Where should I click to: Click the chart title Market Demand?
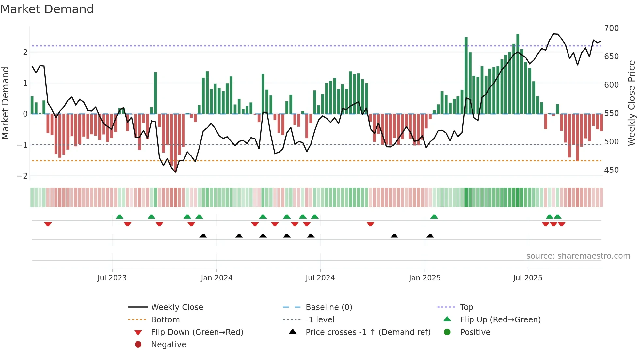47,9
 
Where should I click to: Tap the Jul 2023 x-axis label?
112,278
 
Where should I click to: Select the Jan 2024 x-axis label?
216,278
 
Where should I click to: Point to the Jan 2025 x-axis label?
424,278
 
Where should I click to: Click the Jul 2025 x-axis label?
528,278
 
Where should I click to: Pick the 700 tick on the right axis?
611,28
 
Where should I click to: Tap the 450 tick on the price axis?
611,170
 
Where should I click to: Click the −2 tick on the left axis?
23,176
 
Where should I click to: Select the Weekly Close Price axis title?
632,103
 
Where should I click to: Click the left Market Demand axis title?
6,103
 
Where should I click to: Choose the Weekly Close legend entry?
177,307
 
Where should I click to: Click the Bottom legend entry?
165,320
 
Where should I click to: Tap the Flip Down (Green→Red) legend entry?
197,332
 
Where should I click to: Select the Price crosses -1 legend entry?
368,332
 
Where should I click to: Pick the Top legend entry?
466,307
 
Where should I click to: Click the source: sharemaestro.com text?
578,256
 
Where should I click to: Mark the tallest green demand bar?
518,74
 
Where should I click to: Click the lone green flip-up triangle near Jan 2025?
434,217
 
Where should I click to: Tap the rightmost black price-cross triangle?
430,236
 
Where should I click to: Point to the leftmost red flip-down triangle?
48,224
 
